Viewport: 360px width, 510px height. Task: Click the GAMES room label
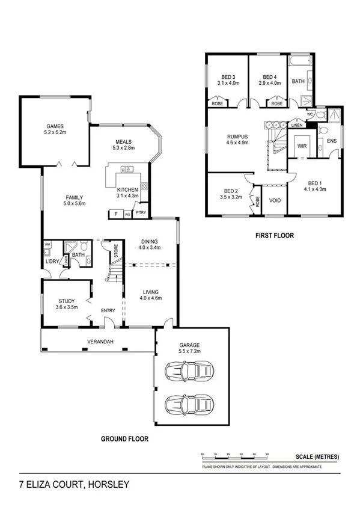coord(55,127)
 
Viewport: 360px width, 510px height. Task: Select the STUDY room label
coord(66,302)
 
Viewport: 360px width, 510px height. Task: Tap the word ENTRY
coord(108,310)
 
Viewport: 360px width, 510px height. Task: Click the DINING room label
coord(148,243)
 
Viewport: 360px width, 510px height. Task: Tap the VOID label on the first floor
coord(275,200)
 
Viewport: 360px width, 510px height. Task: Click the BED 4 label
coord(270,77)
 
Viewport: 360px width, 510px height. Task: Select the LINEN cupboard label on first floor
coord(296,126)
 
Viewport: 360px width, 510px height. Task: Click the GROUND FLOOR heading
coord(125,439)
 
